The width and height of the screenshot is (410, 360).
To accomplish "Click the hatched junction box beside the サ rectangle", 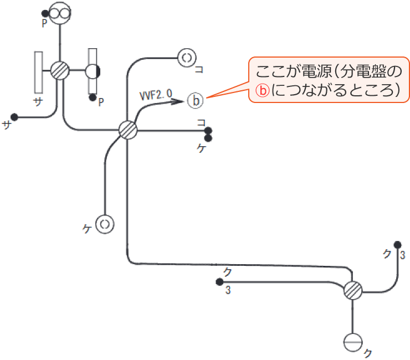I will (59, 71).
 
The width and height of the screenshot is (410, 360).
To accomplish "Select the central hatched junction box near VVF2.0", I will (128, 131).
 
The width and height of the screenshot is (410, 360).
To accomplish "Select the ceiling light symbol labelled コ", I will (187, 57).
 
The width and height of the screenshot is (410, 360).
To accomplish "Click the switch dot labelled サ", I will (14, 117).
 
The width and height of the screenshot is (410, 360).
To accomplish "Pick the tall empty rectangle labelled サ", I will (38, 72).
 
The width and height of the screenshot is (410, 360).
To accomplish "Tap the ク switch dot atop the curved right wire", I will (397, 244).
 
